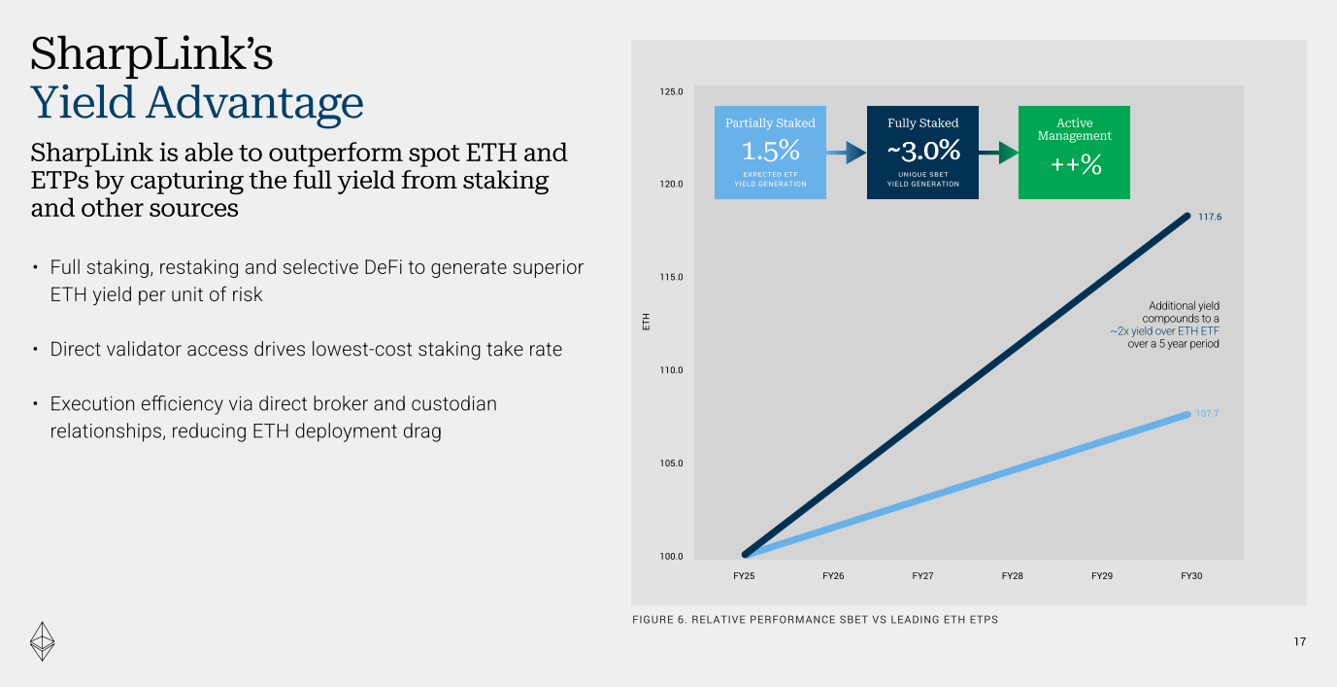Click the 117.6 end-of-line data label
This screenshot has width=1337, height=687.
pos(1209,217)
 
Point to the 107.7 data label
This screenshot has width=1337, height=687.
pos(1207,414)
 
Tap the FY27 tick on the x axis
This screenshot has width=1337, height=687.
pos(922,576)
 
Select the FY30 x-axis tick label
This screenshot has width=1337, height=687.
pos(1191,576)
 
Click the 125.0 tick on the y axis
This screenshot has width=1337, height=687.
pos(672,92)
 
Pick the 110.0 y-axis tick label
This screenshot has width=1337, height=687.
pos(672,370)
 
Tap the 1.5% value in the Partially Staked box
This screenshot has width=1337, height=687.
pos(770,151)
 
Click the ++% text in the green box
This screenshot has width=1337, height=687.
pos(1076,165)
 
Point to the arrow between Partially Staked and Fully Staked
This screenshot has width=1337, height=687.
pos(847,153)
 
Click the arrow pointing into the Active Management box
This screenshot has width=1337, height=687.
pos(998,153)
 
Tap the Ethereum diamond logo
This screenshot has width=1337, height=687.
pos(42,640)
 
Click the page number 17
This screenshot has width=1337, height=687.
pos(1299,642)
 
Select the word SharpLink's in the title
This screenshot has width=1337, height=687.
pos(151,54)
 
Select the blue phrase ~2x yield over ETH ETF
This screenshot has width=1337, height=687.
pos(1165,331)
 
